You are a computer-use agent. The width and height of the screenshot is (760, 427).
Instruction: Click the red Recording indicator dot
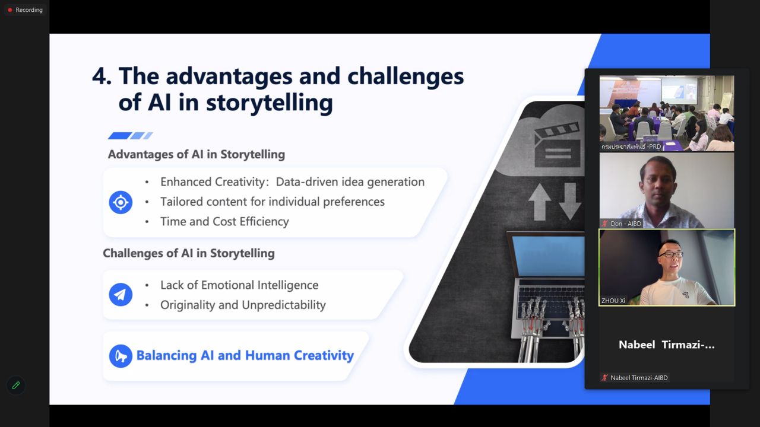pyautogui.click(x=10, y=10)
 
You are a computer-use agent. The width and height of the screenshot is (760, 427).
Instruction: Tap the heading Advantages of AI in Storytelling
pyautogui.click(x=196, y=154)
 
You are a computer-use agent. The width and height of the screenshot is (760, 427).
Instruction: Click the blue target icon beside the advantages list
pyautogui.click(x=121, y=202)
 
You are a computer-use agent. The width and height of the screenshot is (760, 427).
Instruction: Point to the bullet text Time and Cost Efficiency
pyautogui.click(x=224, y=221)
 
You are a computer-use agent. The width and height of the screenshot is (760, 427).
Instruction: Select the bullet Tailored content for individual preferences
pyautogui.click(x=272, y=202)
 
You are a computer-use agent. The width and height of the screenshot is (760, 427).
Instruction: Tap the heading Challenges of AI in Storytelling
pyautogui.click(x=188, y=253)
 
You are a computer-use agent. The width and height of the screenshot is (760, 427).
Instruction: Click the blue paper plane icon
pyautogui.click(x=121, y=295)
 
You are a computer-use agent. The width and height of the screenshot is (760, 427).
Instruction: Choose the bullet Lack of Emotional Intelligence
pyautogui.click(x=239, y=285)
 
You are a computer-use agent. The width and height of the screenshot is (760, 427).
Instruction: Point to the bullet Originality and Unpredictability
pyautogui.click(x=243, y=305)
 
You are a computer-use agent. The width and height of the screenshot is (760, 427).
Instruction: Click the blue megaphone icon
pyautogui.click(x=121, y=356)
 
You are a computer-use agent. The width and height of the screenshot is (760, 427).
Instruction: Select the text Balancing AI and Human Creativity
pyautogui.click(x=245, y=356)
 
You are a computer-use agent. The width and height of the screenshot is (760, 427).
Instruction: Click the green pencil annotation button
pyautogui.click(x=16, y=385)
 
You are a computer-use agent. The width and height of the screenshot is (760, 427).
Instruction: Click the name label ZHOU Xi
pyautogui.click(x=613, y=301)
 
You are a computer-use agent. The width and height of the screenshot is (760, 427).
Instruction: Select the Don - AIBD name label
pyautogui.click(x=625, y=224)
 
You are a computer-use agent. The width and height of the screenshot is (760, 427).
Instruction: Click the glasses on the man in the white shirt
pyautogui.click(x=670, y=254)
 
